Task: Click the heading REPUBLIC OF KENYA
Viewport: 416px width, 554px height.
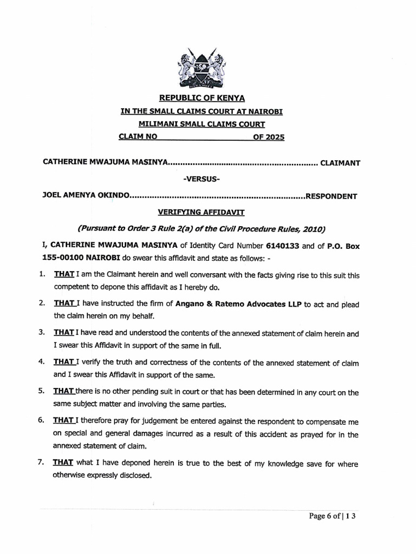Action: click(x=201, y=98)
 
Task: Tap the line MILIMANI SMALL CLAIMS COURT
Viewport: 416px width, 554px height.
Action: click(x=201, y=124)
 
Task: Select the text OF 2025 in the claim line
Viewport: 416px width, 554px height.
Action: click(x=268, y=137)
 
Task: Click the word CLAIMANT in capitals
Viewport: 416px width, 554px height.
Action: click(x=341, y=162)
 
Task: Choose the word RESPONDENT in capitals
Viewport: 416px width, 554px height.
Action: click(x=331, y=196)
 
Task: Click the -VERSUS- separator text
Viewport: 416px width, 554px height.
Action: click(x=201, y=179)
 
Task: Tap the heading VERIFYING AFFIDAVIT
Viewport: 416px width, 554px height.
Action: click(x=201, y=213)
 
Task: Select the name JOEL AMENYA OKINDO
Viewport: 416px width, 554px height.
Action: click(x=85, y=196)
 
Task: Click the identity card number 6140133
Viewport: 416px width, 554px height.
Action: click(x=283, y=246)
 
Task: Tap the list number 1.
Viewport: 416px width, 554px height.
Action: click(x=42, y=275)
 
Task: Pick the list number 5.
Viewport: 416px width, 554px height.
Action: click(x=42, y=392)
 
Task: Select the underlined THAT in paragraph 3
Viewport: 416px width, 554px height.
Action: click(x=63, y=333)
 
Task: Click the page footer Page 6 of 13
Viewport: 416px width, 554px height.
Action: click(x=333, y=516)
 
